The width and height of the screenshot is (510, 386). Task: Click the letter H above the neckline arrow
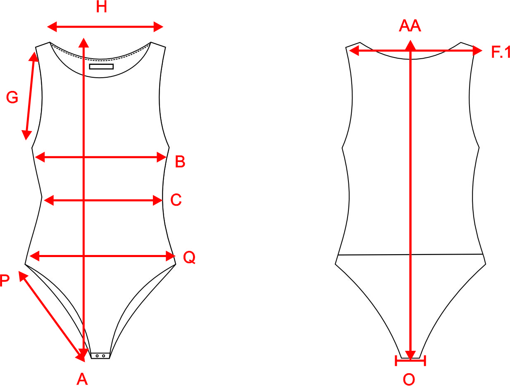(101, 7)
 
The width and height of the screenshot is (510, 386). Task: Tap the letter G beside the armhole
(12, 98)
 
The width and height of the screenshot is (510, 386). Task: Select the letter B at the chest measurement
(180, 162)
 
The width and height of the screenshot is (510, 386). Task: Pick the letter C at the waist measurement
(176, 200)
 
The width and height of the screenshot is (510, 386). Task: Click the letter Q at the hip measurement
(189, 258)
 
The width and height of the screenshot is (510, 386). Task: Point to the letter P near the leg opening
(5, 281)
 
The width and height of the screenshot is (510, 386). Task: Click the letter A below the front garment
(82, 379)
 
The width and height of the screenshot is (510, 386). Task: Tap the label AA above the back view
(410, 26)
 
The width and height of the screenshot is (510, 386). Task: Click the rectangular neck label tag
(101, 67)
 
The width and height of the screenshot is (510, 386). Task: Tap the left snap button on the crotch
(97, 356)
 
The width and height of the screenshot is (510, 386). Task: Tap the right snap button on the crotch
(103, 356)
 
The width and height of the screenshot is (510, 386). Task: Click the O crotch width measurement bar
(410, 361)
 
